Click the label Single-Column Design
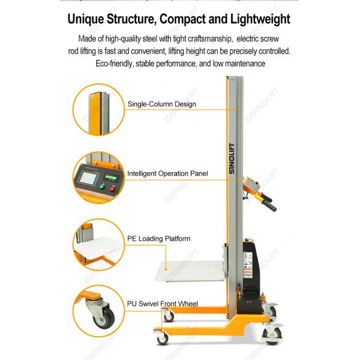(x=161, y=104)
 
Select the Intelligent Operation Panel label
(x=167, y=173)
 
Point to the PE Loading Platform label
(x=158, y=238)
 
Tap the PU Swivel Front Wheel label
(x=162, y=304)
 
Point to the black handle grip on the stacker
(x=268, y=205)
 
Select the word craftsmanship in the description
(x=200, y=40)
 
